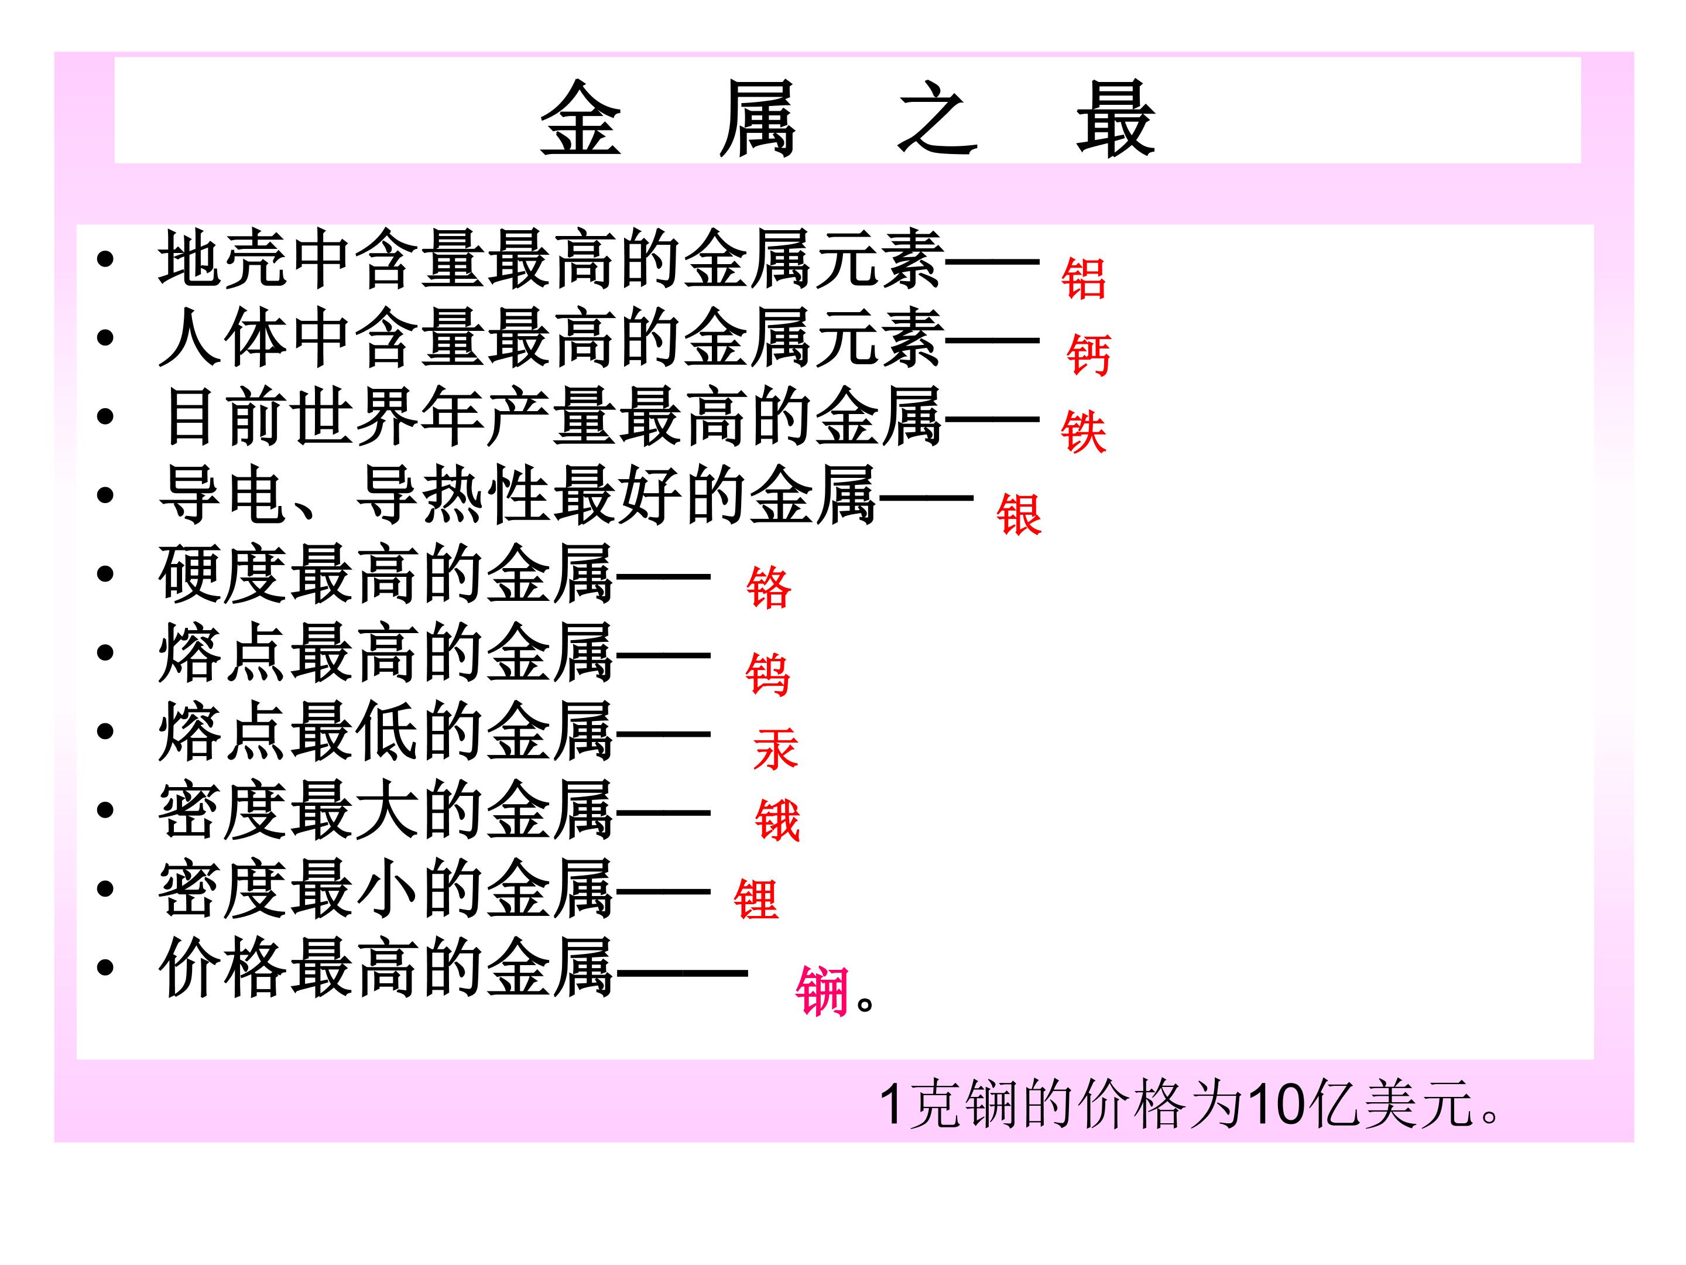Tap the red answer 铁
[1083, 432]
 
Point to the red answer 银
[1018, 515]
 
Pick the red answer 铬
[768, 588]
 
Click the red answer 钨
[767, 674]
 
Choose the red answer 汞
[775, 749]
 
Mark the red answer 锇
[777, 820]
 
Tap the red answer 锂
[756, 899]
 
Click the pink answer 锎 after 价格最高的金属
[822, 992]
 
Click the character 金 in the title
[581, 118]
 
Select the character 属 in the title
[758, 118]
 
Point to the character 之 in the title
[937, 118]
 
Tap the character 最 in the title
[1115, 118]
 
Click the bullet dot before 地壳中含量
[105, 260]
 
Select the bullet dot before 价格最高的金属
[105, 967]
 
